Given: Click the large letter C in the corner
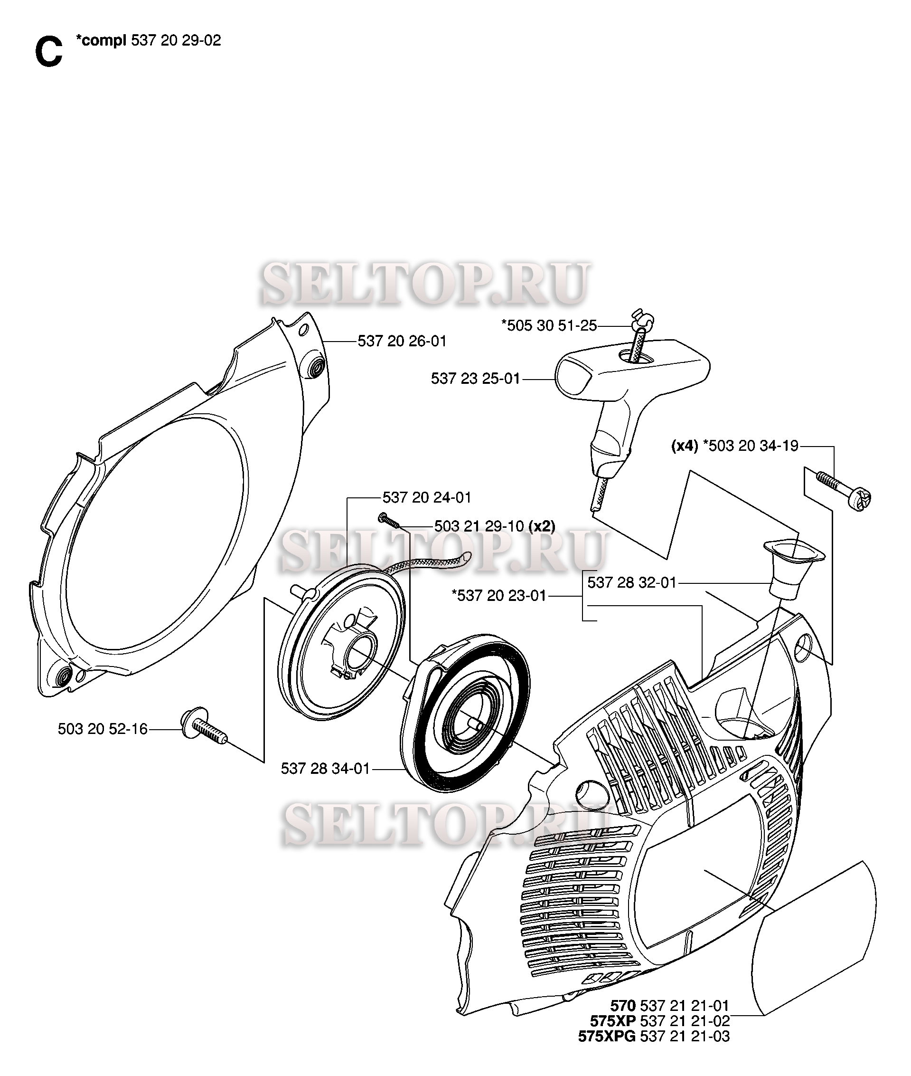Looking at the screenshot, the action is tap(48, 52).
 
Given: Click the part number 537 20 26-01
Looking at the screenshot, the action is tap(402, 341).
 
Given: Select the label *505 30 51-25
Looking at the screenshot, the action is tap(549, 325).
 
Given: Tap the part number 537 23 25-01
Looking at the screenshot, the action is tap(476, 378).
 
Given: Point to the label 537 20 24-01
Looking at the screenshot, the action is tap(427, 497).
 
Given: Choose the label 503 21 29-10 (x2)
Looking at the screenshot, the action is tap(495, 526).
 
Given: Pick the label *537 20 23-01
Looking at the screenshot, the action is tap(499, 595).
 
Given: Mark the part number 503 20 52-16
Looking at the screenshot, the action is tap(103, 729).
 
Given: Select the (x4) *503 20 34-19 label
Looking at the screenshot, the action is tap(735, 446).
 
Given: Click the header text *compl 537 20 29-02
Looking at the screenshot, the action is tap(148, 40).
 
